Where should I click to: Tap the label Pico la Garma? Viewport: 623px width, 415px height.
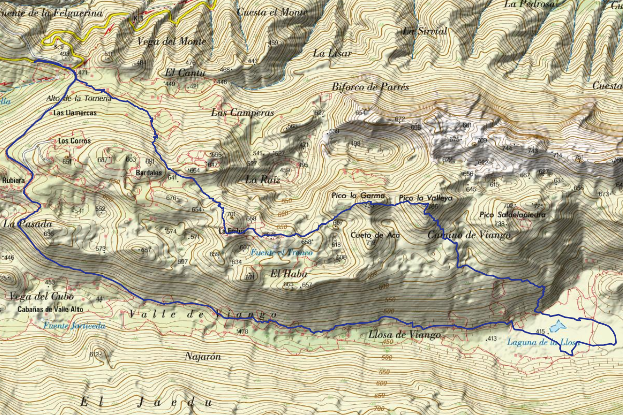[x=358, y=196]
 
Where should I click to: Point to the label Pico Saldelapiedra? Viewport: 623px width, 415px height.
[x=512, y=215]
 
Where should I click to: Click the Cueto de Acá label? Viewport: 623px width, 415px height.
[x=375, y=235]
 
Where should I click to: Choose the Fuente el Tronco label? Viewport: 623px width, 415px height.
[x=281, y=252]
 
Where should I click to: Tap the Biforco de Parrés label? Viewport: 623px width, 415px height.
[x=370, y=87]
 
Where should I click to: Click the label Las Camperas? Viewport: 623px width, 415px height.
[x=242, y=113]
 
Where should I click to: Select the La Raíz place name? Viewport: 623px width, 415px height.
[x=262, y=179]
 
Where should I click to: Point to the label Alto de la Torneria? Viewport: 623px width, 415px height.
[x=79, y=98]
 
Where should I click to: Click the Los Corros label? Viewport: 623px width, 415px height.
[x=74, y=141]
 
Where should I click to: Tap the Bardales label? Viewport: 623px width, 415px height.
[x=148, y=172]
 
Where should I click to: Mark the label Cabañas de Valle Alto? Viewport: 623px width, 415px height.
[x=50, y=309]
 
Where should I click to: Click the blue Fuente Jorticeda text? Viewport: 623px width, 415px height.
[x=74, y=326]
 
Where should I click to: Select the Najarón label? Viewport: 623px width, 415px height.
[x=203, y=356]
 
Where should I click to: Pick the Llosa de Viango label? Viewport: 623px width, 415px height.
[x=404, y=334]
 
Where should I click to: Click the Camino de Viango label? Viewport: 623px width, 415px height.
[x=469, y=235]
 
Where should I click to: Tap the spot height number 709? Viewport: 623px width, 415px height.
[x=481, y=141]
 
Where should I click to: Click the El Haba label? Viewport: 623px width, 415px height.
[x=282, y=273]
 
